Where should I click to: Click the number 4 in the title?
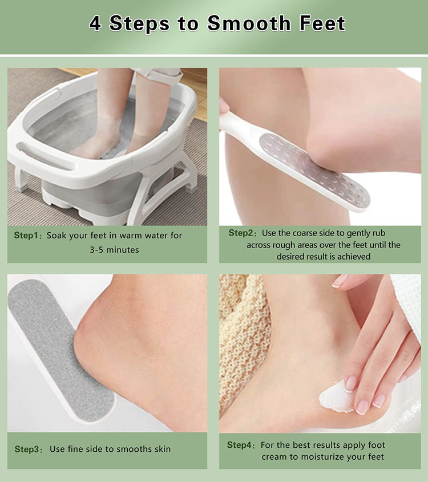coord(95,24)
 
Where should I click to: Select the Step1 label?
coord(27,235)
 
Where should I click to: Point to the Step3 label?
coord(27,449)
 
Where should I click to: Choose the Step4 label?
coord(240,445)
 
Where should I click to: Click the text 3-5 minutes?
coord(114,249)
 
